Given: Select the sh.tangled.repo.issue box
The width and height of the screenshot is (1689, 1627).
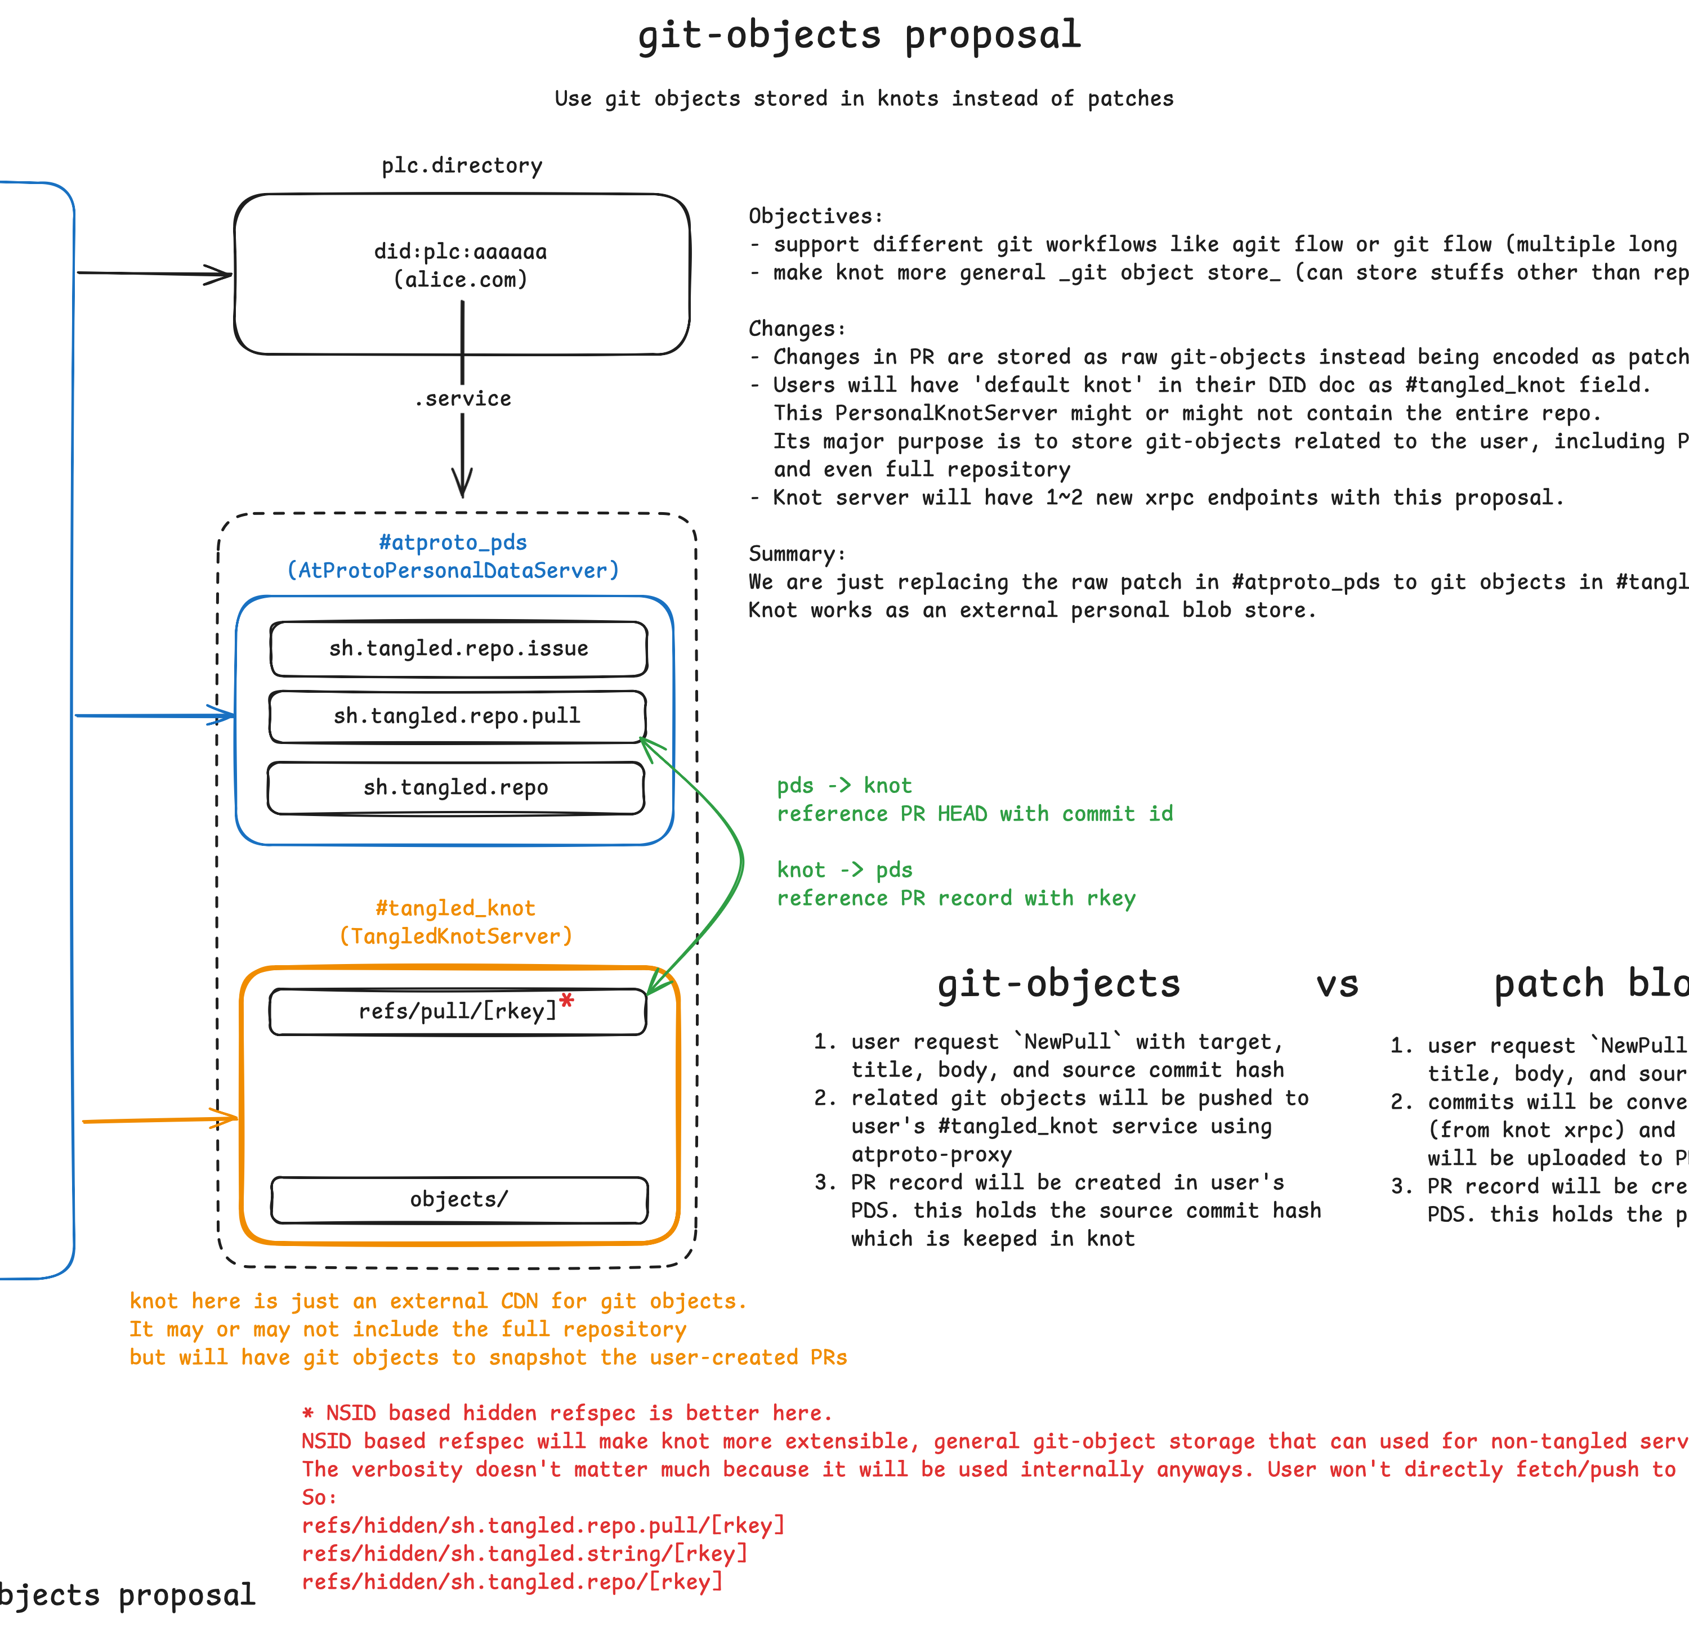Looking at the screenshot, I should (x=458, y=648).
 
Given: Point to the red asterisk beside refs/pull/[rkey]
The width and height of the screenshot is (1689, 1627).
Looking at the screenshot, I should (x=566, y=1001).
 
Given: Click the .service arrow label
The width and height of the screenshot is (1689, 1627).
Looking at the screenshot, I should (x=463, y=399).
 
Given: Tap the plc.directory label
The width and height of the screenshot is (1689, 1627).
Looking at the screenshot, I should (x=462, y=165).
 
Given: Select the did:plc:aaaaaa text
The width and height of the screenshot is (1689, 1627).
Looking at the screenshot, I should (x=460, y=252).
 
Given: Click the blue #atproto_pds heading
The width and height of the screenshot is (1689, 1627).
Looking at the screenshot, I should (x=453, y=543).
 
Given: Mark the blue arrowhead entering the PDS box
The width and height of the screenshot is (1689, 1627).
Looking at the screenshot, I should (x=224, y=715).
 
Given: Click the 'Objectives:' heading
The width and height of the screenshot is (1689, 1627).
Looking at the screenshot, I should (x=815, y=216).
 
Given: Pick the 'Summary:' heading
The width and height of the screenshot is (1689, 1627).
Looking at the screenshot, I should (x=797, y=554).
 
